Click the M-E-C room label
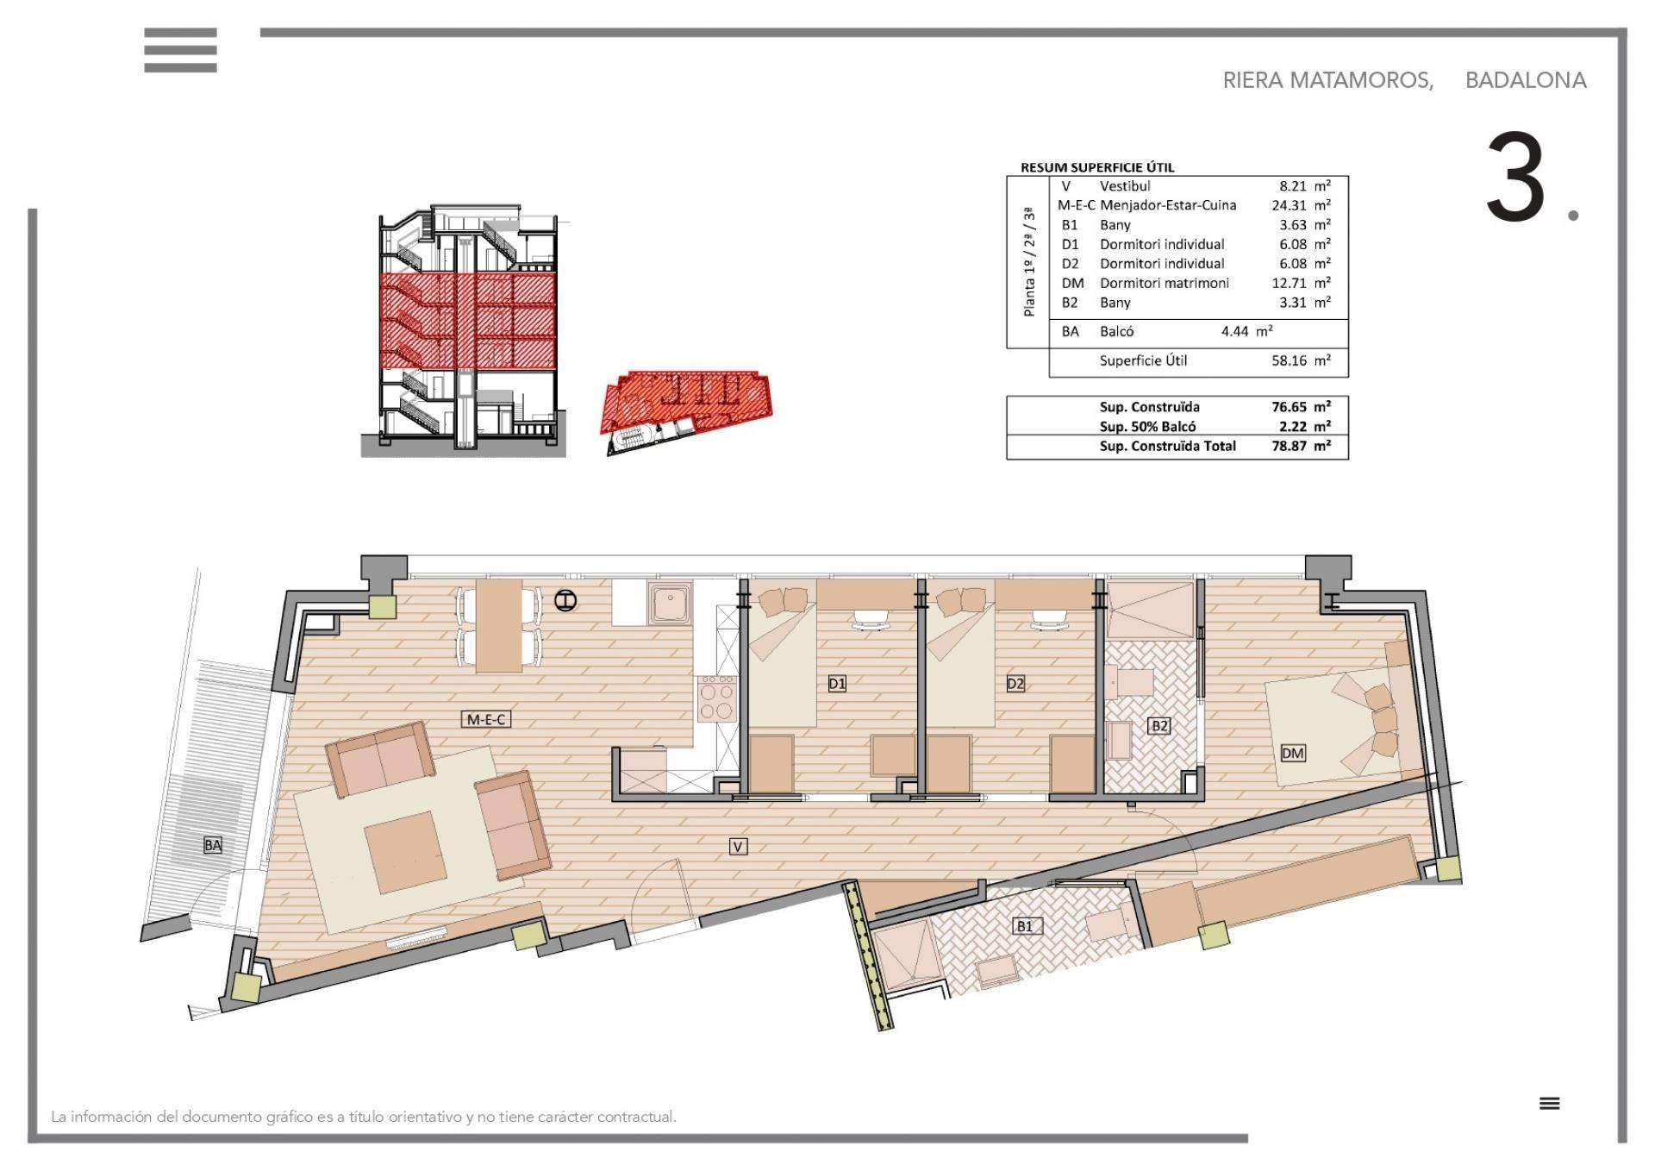(487, 718)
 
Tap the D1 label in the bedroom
(837, 684)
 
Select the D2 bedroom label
(1015, 684)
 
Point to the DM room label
(1293, 753)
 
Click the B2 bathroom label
(1160, 726)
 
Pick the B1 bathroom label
(1024, 926)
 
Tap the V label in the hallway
(738, 847)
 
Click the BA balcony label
(212, 845)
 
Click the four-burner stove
(717, 698)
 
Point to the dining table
(499, 624)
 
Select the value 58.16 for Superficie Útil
(1289, 360)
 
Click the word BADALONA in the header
(1526, 80)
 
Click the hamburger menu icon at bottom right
(1550, 1103)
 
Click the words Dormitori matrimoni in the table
(1164, 283)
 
